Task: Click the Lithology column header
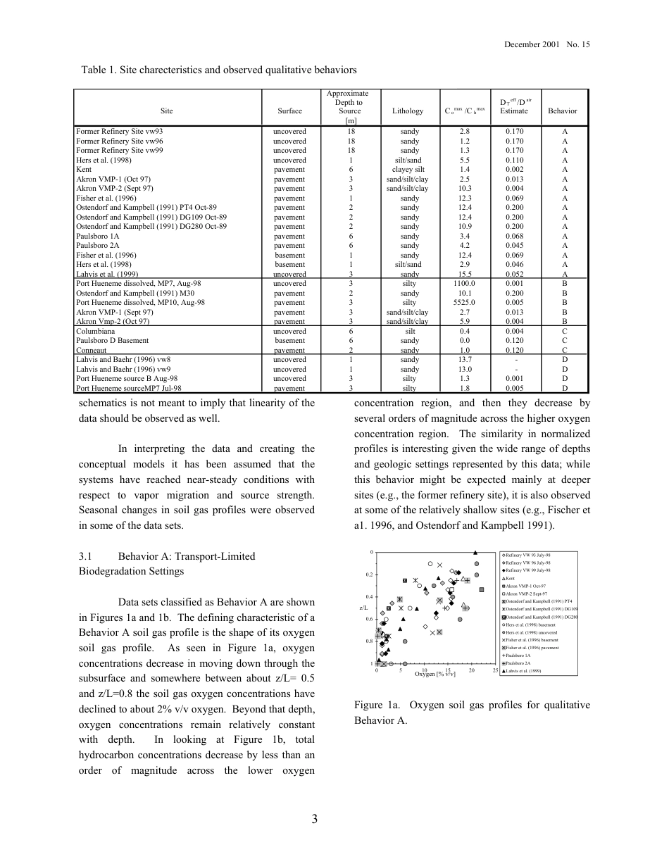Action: point(408,111)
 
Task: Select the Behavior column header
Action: point(562,111)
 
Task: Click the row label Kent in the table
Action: point(84,170)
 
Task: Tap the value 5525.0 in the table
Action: point(464,303)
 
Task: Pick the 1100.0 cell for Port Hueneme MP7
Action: point(464,284)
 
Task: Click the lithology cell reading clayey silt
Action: point(408,170)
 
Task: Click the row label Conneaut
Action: point(91,350)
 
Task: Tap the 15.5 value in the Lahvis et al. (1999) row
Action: point(464,274)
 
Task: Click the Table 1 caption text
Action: point(219,70)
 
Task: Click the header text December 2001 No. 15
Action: point(546,44)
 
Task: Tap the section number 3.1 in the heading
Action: point(88,556)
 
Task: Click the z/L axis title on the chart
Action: point(363,607)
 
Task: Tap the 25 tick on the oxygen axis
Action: point(495,670)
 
